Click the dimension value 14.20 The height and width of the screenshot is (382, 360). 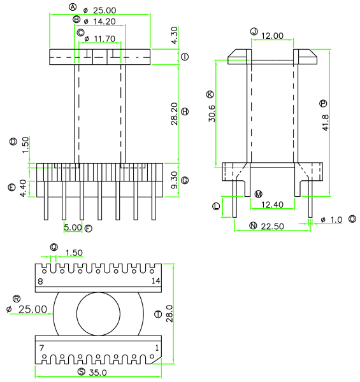click(x=104, y=22)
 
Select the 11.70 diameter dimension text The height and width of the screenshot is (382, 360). click(x=104, y=39)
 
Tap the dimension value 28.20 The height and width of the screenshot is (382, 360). click(x=175, y=114)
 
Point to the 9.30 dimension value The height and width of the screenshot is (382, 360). click(x=175, y=180)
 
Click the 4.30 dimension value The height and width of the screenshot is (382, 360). click(x=175, y=35)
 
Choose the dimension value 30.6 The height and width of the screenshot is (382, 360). click(x=212, y=113)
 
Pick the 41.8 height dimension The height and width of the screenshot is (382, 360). click(x=326, y=123)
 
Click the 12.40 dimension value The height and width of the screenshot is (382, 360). click(x=272, y=204)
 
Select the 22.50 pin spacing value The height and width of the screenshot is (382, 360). click(x=272, y=227)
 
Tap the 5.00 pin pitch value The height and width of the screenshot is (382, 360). click(x=73, y=227)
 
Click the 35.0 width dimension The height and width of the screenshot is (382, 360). click(x=97, y=372)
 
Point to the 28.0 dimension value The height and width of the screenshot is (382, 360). click(x=169, y=314)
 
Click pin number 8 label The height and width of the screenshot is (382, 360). click(x=41, y=281)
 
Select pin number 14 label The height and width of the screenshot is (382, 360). click(x=155, y=281)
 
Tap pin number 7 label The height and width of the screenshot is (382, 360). click(x=41, y=348)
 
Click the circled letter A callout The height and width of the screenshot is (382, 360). click(x=73, y=7)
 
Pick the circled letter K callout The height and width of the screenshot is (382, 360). click(x=210, y=94)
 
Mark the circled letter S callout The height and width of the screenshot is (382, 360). click(x=82, y=372)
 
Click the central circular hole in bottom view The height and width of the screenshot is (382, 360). click(x=98, y=314)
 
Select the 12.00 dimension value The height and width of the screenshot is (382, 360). click(x=272, y=36)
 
